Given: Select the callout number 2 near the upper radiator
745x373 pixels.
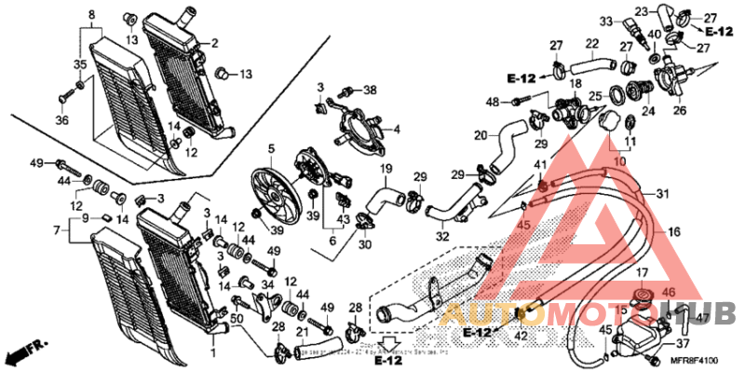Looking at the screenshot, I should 214,43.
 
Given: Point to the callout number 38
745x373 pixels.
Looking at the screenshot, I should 371,90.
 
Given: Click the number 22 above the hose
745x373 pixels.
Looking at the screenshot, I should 591,43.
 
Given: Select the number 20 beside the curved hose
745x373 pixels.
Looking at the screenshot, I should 480,135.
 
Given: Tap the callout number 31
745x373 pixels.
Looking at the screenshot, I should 662,194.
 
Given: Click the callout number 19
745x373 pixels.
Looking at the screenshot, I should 383,169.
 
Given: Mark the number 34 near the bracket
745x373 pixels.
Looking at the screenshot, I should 267,283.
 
